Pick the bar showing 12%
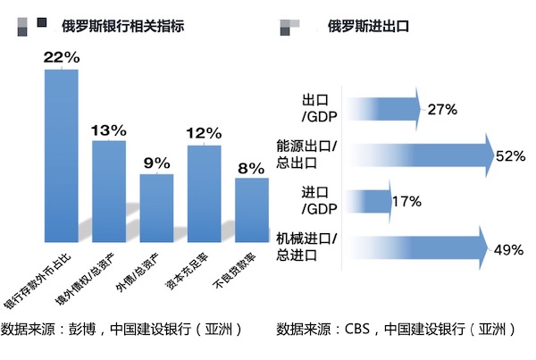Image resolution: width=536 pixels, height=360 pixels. [x=204, y=192]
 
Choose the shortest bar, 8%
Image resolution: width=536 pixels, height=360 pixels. [x=251, y=209]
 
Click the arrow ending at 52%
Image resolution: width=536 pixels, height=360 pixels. [x=420, y=156]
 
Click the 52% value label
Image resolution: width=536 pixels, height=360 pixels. [x=510, y=156]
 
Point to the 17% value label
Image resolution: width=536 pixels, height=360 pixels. [x=406, y=202]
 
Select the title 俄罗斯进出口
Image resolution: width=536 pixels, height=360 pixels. [x=368, y=26]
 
